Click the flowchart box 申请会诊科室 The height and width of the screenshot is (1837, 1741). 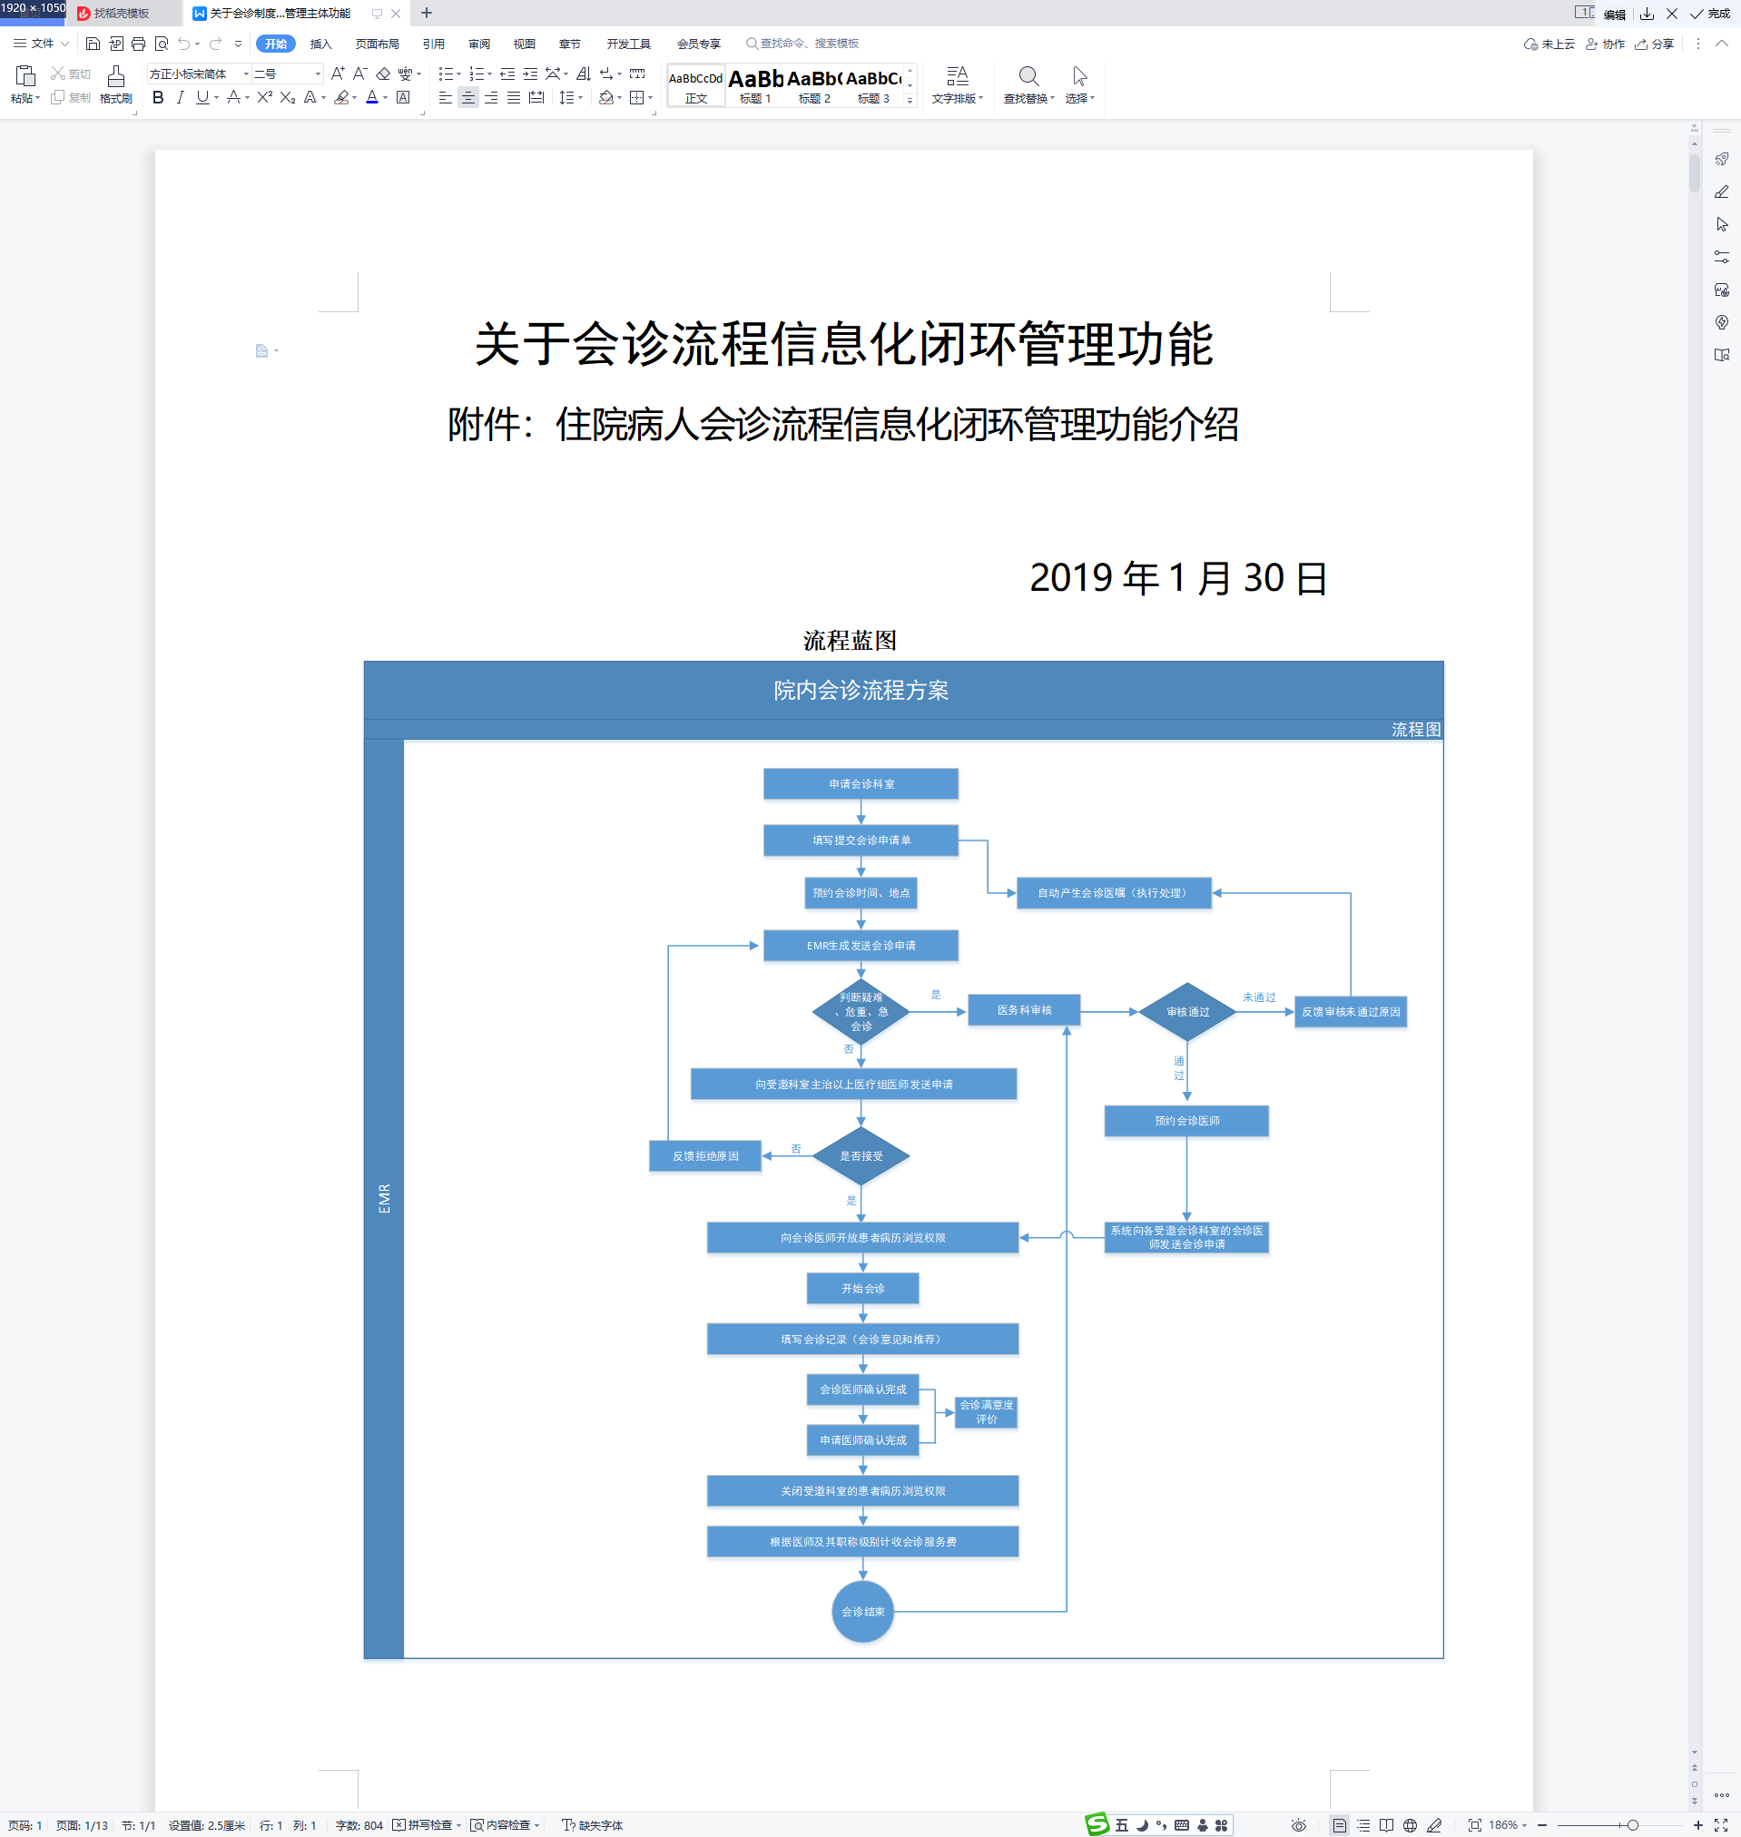861,784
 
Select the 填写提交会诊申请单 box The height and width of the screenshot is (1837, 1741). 861,840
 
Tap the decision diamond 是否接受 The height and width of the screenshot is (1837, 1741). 861,1156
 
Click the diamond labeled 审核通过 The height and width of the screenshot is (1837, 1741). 1187,1012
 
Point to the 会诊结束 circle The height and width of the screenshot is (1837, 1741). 862,1612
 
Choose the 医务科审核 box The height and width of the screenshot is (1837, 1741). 1024,1010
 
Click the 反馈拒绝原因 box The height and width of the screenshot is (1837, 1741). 705,1156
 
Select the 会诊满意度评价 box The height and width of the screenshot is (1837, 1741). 987,1412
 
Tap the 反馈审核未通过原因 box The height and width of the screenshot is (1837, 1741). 1351,1012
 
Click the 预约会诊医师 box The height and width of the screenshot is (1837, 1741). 1186,1121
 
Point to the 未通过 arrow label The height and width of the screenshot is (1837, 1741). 1258,997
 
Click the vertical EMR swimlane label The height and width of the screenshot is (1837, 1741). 384,1198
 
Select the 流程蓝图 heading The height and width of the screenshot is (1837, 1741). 849,640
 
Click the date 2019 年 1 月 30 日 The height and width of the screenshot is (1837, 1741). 1177,578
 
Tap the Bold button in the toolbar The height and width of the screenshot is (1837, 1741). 158,97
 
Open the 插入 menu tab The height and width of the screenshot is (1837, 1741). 320,44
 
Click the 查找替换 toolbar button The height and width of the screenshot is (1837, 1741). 1028,84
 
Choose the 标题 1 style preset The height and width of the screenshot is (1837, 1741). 754,85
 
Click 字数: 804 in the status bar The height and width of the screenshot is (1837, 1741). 359,1825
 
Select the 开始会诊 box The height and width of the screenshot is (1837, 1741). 862,1289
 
